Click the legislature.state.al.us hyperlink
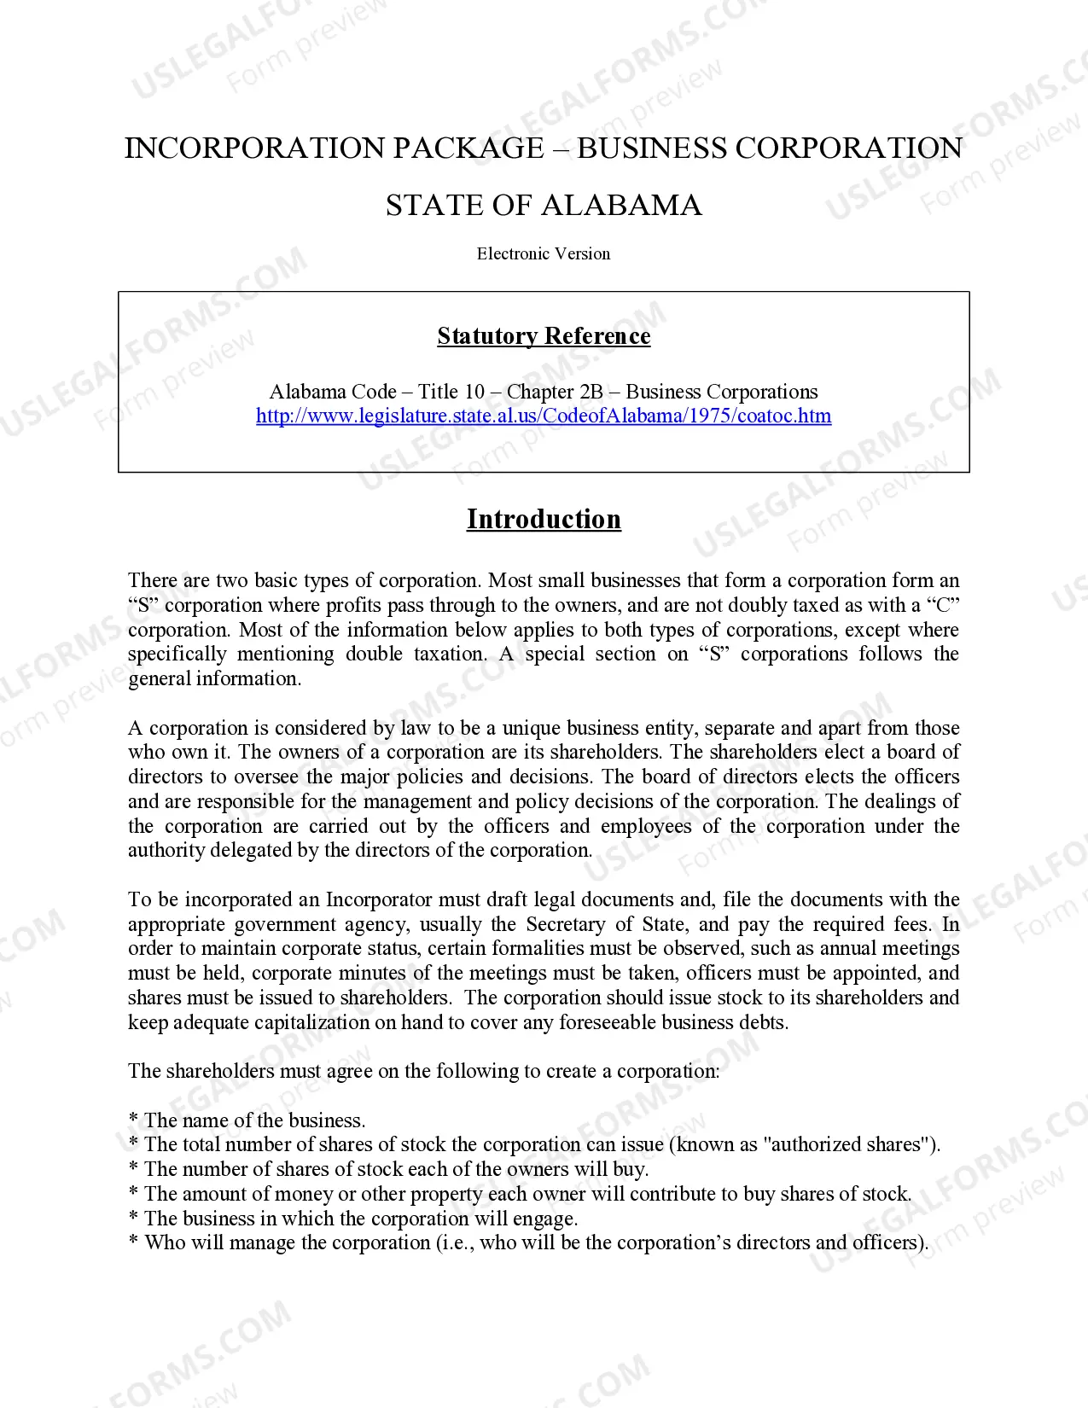point(544,416)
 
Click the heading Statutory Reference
point(544,336)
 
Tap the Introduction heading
point(544,519)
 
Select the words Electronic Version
point(544,253)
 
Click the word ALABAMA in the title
point(621,206)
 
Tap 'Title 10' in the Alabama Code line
point(451,392)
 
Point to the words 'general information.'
point(214,678)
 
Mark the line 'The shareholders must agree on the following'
point(423,1071)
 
